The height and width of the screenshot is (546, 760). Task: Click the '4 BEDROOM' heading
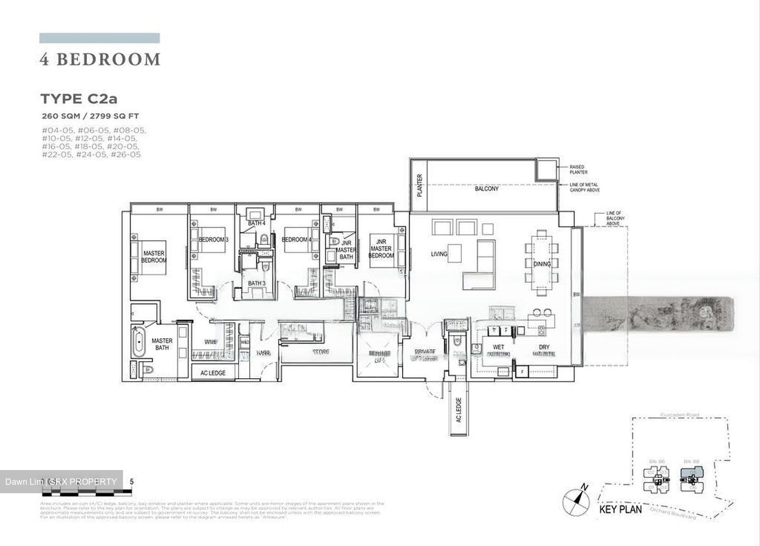point(100,60)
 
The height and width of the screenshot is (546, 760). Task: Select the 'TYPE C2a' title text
point(83,99)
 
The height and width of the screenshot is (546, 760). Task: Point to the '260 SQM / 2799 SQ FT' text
point(90,116)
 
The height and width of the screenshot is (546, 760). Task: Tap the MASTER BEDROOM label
point(154,257)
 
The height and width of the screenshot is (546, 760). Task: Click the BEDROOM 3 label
point(213,240)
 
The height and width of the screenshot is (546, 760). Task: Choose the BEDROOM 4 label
point(297,240)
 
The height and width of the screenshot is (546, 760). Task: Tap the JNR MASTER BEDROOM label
point(381,248)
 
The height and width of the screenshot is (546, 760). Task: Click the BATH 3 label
point(256,283)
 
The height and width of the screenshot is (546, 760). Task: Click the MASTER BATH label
point(162,344)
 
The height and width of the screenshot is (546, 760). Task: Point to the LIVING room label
point(439,254)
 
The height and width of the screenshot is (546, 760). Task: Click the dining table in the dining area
point(542,264)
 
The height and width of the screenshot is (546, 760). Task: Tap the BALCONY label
point(486,188)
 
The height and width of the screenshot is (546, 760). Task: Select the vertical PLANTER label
point(420,185)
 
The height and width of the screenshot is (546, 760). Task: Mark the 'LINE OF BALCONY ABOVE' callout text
point(614,218)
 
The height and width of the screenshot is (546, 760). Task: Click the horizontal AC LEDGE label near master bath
point(213,373)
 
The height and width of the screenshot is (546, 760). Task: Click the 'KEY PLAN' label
point(621,510)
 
